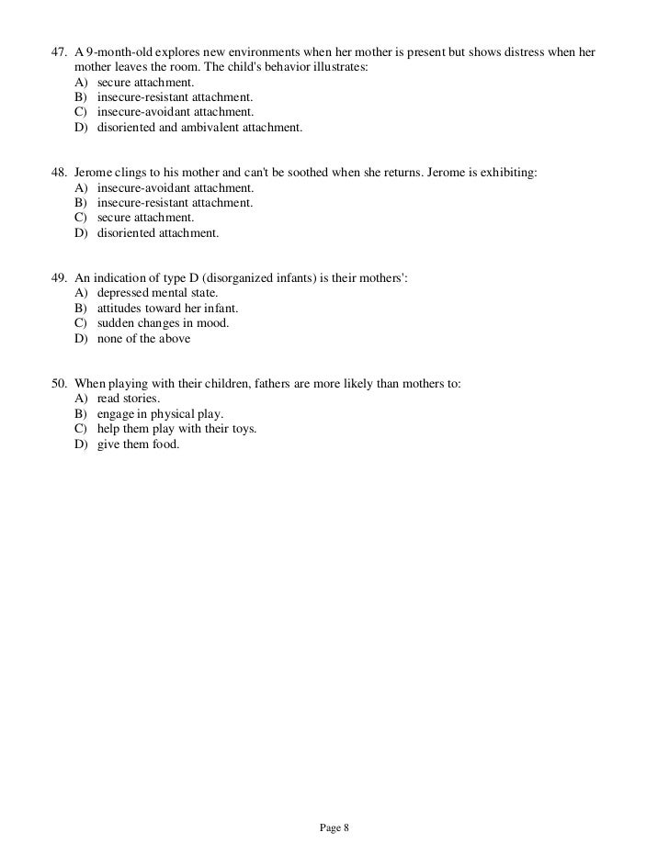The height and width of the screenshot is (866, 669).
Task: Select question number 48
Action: pos(58,171)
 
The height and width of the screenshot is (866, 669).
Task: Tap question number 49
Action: pos(58,277)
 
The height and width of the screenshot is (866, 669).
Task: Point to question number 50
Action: pos(58,383)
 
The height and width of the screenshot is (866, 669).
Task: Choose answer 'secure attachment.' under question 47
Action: pos(145,82)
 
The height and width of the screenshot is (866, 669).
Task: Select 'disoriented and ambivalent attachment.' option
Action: pos(198,128)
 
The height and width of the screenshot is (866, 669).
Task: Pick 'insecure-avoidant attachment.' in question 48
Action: pos(176,186)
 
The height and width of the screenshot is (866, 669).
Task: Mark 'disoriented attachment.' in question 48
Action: pos(158,232)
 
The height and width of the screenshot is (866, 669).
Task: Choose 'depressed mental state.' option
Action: pos(157,292)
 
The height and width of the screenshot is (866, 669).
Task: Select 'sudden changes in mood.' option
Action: pos(163,323)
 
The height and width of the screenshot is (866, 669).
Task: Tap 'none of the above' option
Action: pos(143,339)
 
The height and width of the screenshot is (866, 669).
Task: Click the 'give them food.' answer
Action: pos(138,444)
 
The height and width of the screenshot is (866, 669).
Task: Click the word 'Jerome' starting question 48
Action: pos(93,171)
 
